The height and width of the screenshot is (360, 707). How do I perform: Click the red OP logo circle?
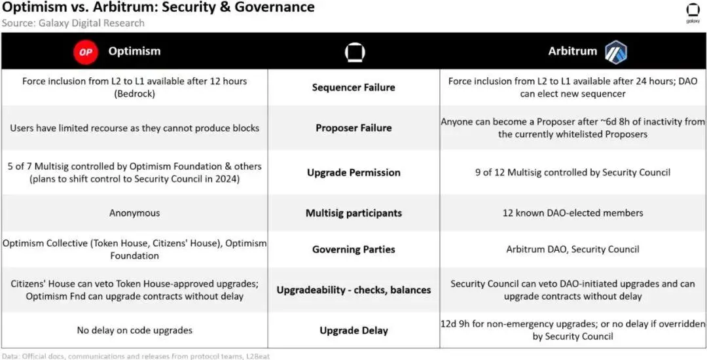point(85,52)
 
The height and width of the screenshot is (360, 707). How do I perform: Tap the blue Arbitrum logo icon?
point(615,52)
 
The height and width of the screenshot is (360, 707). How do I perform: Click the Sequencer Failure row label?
point(353,87)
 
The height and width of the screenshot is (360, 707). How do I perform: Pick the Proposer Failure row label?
point(353,128)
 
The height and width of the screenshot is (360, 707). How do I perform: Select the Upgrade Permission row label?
point(353,173)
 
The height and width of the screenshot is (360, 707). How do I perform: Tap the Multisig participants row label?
point(353,213)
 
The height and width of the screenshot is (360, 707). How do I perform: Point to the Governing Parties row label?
point(353,249)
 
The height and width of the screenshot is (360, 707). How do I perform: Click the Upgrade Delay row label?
point(353,331)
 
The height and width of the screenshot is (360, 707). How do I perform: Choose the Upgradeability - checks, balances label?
point(353,290)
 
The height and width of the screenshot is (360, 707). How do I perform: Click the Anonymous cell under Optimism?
point(135,213)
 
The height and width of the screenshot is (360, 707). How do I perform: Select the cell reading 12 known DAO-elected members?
point(573,213)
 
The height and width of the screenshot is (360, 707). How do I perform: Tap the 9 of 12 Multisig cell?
point(573,173)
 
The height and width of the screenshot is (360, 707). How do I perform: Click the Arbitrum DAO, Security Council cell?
point(573,249)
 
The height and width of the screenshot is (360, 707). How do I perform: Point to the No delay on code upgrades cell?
point(135,331)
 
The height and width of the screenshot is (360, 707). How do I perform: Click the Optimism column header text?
point(134,51)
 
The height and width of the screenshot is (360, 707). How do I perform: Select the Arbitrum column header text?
point(573,51)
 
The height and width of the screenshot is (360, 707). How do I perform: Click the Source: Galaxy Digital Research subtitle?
point(73,23)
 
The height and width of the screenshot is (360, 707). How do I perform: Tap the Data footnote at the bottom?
point(135,356)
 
